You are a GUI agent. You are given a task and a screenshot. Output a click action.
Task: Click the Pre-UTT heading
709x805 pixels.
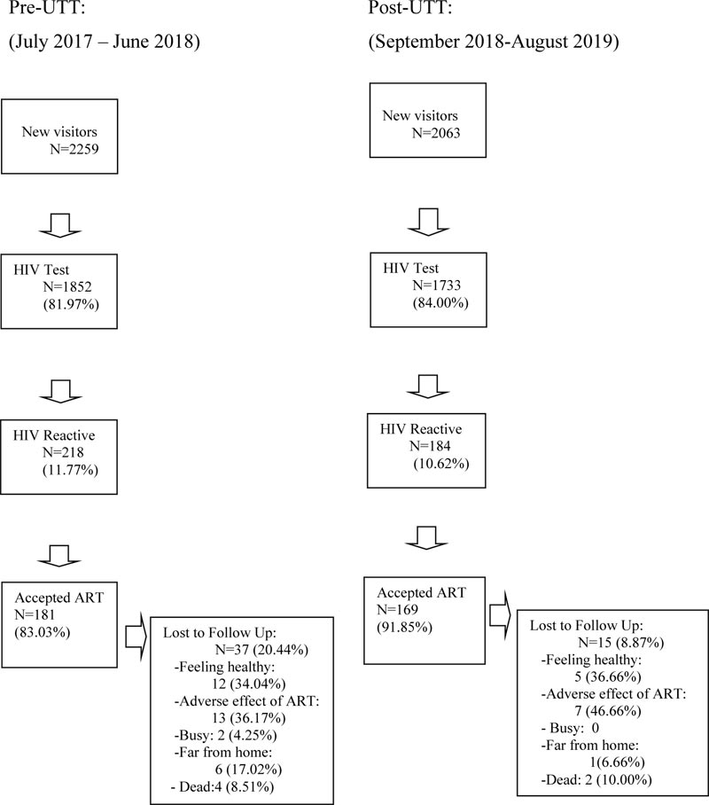(46, 7)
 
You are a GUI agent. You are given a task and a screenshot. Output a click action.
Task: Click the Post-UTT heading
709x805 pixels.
(409, 7)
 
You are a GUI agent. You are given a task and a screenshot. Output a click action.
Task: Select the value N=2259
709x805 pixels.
(74, 149)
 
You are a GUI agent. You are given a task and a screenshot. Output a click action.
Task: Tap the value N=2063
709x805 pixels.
(436, 133)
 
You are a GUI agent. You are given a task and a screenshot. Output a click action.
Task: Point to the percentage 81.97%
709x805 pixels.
(71, 304)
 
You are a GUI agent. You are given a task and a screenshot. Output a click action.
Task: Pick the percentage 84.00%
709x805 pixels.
(440, 302)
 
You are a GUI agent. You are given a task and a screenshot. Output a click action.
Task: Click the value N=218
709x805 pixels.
(63, 452)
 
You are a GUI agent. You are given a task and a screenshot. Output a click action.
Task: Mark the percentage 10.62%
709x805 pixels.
(441, 464)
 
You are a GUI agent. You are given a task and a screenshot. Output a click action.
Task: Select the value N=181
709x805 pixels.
(35, 614)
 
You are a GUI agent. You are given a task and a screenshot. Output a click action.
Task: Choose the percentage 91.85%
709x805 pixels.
(404, 627)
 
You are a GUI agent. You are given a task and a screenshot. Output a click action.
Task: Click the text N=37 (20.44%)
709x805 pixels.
(261, 650)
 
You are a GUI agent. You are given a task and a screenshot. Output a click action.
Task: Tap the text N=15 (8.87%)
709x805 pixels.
(620, 643)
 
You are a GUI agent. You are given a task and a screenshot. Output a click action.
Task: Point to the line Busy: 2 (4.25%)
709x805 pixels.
(225, 735)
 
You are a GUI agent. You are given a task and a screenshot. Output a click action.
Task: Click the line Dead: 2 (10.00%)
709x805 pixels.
(596, 780)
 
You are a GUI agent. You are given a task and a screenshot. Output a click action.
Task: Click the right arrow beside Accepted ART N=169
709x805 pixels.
(500, 614)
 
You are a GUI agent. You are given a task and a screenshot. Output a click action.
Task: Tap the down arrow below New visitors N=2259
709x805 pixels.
(60, 225)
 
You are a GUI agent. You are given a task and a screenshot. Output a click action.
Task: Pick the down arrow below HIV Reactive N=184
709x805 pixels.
(426, 537)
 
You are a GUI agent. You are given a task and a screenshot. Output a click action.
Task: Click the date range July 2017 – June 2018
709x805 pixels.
(105, 41)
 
